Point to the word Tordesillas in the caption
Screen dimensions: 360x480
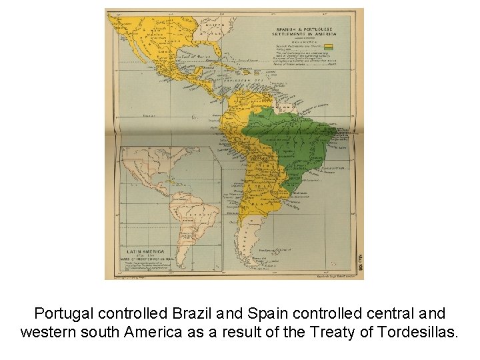[422, 331]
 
